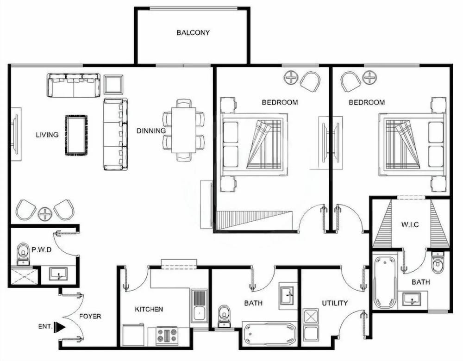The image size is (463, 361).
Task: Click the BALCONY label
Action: click(193, 33)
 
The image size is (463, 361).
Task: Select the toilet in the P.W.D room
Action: click(23, 254)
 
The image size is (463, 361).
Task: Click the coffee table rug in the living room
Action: click(76, 135)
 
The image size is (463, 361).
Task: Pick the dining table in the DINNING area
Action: click(183, 130)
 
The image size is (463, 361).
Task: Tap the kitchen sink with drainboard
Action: click(199, 305)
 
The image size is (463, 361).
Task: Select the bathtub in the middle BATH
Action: click(270, 334)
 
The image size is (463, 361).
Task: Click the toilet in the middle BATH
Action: click(224, 316)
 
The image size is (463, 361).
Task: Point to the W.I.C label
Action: click(410, 225)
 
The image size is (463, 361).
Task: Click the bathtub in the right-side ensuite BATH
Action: click(385, 280)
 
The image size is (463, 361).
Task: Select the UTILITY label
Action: click(335, 303)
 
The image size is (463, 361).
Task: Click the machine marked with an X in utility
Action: click(311, 317)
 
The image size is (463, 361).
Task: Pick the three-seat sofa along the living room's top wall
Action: click(73, 85)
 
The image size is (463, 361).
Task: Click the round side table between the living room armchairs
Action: click(45, 214)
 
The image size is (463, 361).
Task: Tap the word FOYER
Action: click(90, 316)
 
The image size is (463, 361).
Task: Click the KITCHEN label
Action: click(149, 309)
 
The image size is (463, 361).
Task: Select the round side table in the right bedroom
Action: click(369, 78)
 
